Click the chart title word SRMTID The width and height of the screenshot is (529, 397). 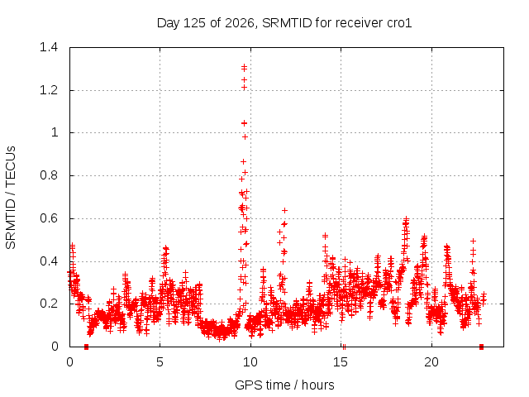click(287, 23)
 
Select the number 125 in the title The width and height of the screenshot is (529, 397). click(194, 23)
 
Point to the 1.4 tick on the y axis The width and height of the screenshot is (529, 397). click(49, 47)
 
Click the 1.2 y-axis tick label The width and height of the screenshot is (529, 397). click(49, 90)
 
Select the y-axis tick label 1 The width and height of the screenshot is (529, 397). click(55, 132)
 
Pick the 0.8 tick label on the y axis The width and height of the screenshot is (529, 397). click(49, 175)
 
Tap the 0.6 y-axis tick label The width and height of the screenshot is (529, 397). click(49, 218)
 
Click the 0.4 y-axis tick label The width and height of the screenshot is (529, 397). click(49, 261)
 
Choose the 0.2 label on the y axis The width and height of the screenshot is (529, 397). click(49, 304)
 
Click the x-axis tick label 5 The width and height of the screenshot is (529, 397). click(160, 362)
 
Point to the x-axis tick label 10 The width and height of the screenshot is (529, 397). click(250, 362)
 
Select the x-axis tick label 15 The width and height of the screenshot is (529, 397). click(341, 362)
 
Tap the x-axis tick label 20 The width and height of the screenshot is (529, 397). click(431, 362)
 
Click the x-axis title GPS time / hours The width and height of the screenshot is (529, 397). click(284, 385)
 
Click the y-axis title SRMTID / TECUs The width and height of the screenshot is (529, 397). click(11, 198)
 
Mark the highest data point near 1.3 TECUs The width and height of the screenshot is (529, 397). click(245, 68)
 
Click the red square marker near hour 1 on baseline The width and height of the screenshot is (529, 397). click(86, 347)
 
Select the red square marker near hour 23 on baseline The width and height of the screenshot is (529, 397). click(481, 347)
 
